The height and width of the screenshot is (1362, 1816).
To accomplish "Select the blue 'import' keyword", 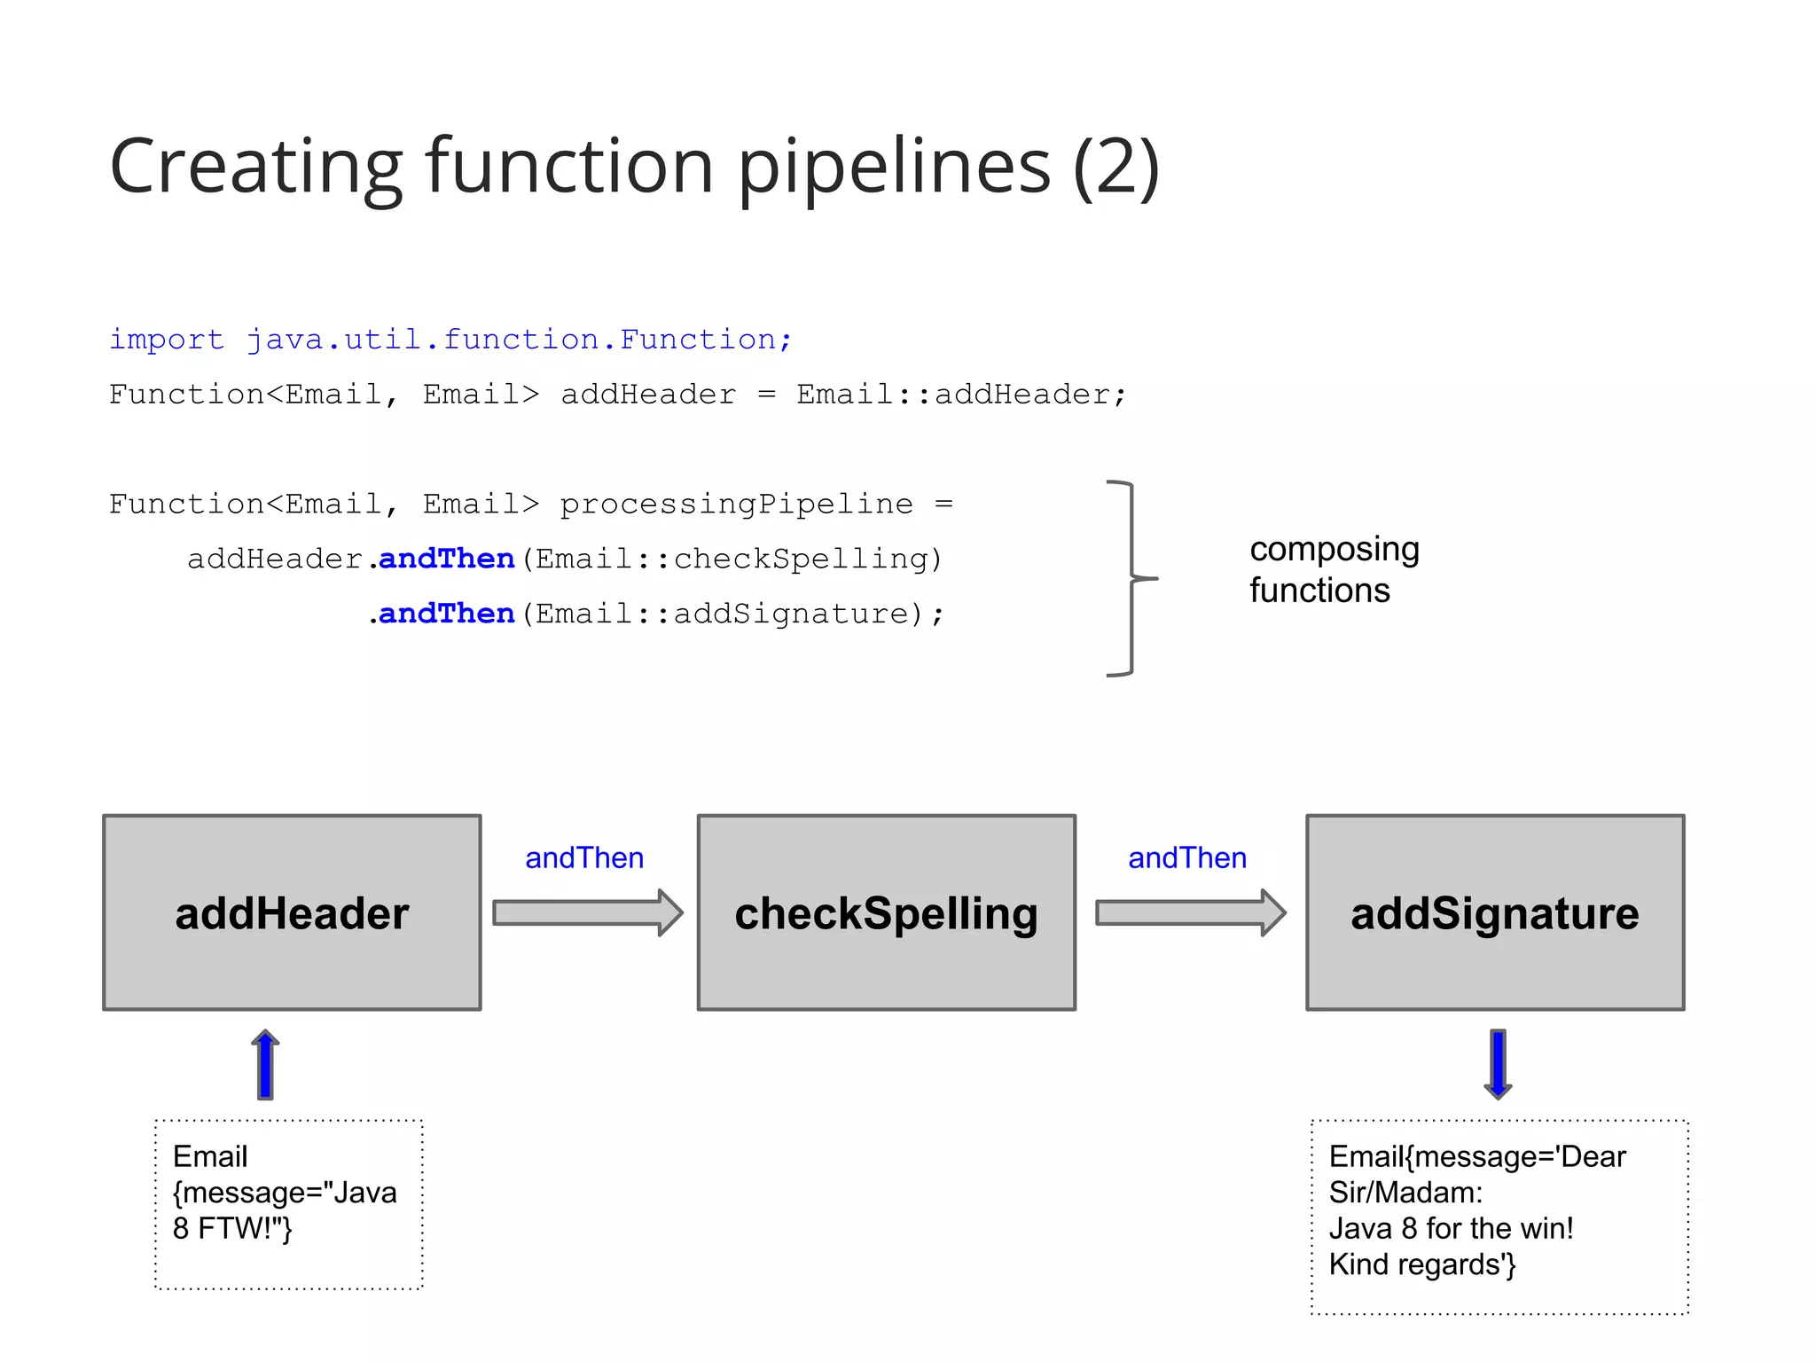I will click(x=167, y=339).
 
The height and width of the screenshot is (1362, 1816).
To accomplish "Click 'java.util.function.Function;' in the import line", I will click(x=519, y=339).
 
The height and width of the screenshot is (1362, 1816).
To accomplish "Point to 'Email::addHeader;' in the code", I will click(x=961, y=394).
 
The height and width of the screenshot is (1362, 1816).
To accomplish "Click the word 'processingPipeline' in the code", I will click(x=736, y=504).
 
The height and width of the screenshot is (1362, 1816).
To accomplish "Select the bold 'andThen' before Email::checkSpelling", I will click(x=447, y=559).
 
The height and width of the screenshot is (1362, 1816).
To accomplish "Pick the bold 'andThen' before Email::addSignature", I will click(x=447, y=614).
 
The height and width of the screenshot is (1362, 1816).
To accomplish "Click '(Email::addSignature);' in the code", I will click(x=732, y=614).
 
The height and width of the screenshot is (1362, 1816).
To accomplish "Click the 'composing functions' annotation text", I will click(x=1334, y=569).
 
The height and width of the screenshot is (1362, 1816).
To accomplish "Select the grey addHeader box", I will click(x=292, y=912).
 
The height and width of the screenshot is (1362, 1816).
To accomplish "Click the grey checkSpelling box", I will click(x=886, y=912).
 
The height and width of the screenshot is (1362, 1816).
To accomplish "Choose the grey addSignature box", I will click(x=1495, y=912).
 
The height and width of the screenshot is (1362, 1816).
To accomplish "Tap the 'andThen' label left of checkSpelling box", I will click(x=584, y=857).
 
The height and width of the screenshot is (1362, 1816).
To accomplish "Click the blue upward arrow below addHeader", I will click(x=265, y=1064).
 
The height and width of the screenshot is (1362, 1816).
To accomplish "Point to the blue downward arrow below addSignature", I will click(x=1498, y=1064).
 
